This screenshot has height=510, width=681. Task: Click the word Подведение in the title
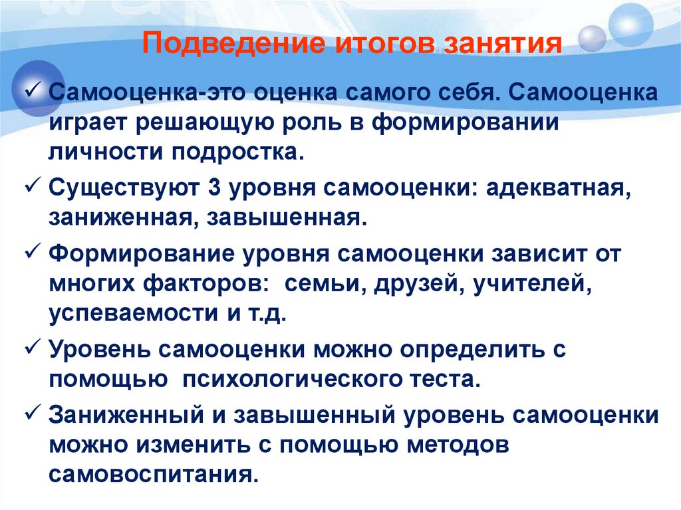(233, 44)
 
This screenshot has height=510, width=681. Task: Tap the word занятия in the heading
(503, 44)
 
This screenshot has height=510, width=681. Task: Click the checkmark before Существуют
(33, 186)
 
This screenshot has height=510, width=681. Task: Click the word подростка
(237, 153)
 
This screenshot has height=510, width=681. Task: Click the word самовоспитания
(154, 475)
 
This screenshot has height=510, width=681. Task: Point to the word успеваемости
(133, 315)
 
